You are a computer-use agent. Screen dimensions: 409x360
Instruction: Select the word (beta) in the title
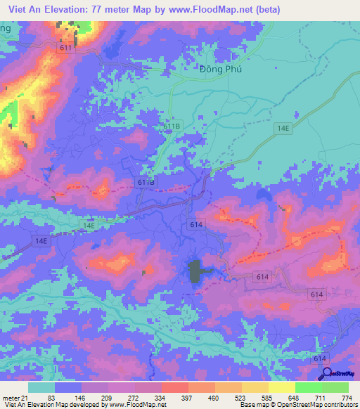tap(266, 9)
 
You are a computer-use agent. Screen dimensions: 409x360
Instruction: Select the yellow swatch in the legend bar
tap(282, 387)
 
